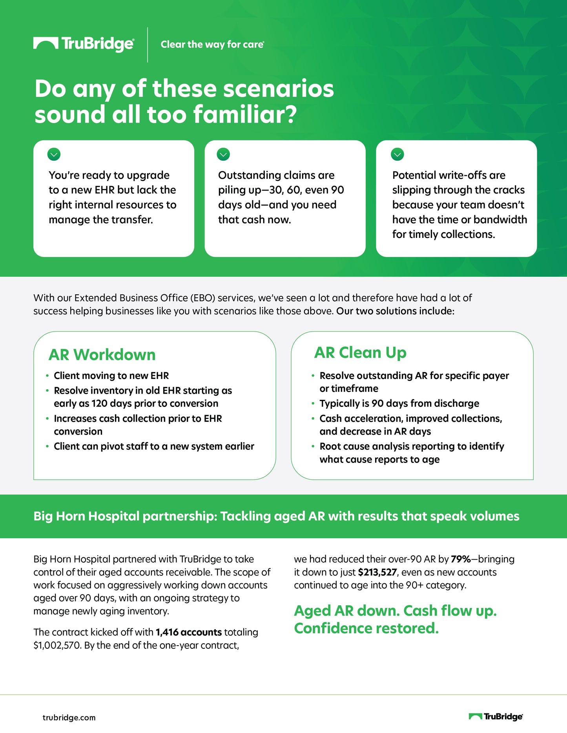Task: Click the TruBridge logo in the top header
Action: (x=84, y=44)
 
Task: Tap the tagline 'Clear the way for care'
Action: (x=212, y=44)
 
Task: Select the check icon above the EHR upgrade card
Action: (x=54, y=154)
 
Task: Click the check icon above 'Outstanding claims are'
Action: (x=223, y=154)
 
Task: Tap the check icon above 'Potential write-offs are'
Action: (x=397, y=154)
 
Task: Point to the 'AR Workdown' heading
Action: (x=102, y=355)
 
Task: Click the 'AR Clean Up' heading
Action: (x=360, y=353)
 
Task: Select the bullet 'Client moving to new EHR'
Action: (x=111, y=376)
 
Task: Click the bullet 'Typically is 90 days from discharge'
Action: (x=399, y=403)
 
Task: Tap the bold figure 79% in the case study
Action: (x=461, y=559)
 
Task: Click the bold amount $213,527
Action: (x=377, y=572)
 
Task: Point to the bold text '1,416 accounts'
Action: (x=189, y=632)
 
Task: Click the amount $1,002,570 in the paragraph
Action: (x=57, y=645)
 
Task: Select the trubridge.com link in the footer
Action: (x=69, y=718)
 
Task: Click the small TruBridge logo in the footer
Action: (x=496, y=717)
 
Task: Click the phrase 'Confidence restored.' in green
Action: (x=366, y=628)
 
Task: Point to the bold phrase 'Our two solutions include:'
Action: (x=395, y=311)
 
